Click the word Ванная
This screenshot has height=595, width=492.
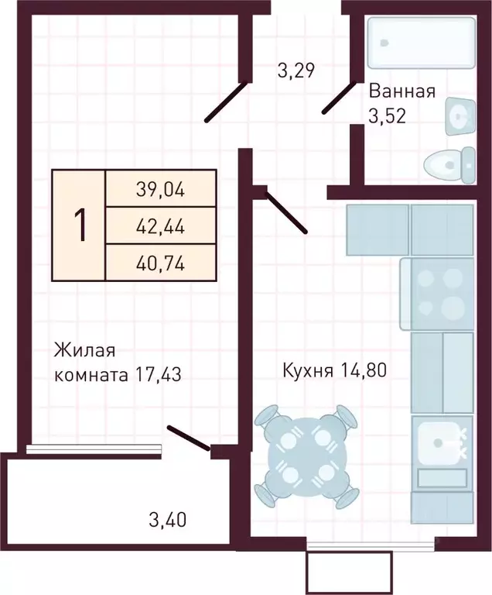(x=402, y=91)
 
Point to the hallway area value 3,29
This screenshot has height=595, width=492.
(x=296, y=71)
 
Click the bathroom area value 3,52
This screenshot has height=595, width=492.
(x=388, y=116)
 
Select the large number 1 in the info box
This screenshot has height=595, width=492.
(x=79, y=225)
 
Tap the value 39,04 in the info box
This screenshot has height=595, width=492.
(x=161, y=188)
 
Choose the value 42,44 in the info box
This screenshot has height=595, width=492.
(x=161, y=225)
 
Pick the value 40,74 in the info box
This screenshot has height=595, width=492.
(x=161, y=263)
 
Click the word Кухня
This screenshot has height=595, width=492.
(x=307, y=370)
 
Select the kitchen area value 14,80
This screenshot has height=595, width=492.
(x=362, y=370)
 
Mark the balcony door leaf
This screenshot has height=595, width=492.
(x=189, y=437)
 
